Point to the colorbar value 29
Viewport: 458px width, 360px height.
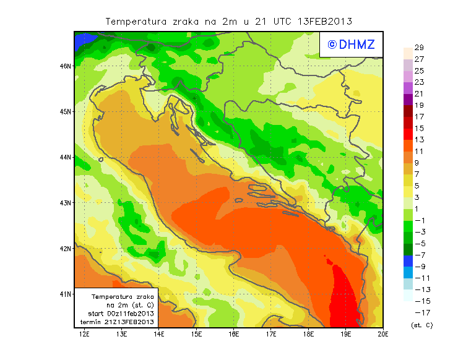point(418,48)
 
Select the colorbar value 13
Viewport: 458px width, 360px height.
point(418,139)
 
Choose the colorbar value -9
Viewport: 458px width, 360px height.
point(419,266)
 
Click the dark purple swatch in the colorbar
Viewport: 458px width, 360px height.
point(407,99)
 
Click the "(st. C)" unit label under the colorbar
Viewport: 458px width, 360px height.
point(421,325)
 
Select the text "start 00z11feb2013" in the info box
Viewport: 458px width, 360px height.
point(121,314)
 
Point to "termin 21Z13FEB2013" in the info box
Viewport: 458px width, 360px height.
point(121,322)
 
